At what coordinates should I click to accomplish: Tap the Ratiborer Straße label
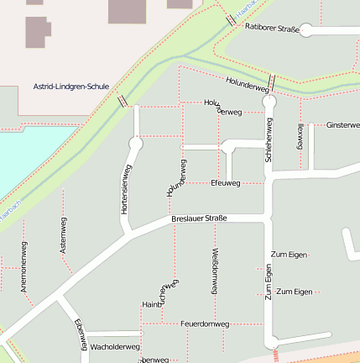click(272, 28)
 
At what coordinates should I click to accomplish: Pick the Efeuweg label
click(226, 182)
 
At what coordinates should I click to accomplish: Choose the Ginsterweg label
click(342, 124)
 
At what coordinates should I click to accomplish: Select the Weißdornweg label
click(215, 271)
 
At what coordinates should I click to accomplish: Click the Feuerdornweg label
click(205, 324)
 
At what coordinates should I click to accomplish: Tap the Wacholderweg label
click(114, 346)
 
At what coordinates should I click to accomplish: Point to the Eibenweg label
click(81, 334)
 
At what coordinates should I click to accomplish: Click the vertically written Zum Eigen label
click(269, 281)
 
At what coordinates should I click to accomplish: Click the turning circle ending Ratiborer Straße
click(306, 31)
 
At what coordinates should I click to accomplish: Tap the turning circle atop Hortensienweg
click(136, 145)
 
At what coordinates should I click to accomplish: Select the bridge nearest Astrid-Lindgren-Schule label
click(123, 101)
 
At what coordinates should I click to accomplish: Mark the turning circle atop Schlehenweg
click(269, 102)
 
